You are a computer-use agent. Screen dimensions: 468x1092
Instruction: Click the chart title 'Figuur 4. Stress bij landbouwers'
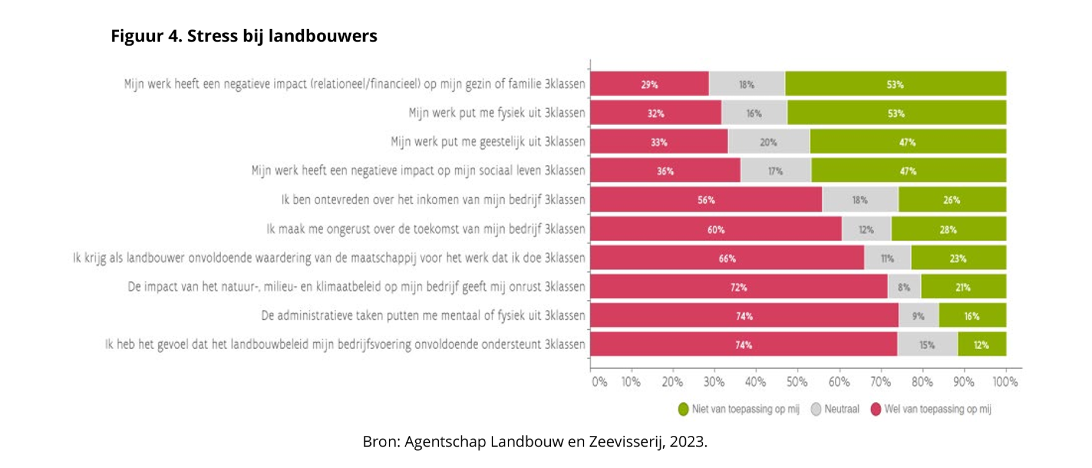pyautogui.click(x=244, y=36)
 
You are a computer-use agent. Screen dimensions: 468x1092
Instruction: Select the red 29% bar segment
pyautogui.click(x=649, y=84)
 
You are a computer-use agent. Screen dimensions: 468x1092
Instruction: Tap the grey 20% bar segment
pyautogui.click(x=769, y=142)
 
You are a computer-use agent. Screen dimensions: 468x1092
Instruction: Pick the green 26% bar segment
pyautogui.click(x=952, y=200)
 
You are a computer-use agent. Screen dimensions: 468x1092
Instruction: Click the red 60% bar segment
pyautogui.click(x=715, y=229)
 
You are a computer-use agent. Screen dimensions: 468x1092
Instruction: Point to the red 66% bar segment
pyautogui.click(x=727, y=258)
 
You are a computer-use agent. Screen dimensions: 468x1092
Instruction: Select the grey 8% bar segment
pyautogui.click(x=904, y=287)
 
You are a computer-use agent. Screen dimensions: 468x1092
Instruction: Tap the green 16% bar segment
pyautogui.click(x=972, y=316)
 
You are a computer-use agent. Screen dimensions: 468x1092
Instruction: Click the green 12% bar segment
pyautogui.click(x=981, y=345)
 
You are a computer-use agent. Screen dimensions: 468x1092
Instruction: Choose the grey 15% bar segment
pyautogui.click(x=927, y=345)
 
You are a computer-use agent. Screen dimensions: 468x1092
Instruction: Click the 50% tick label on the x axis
pyautogui.click(x=797, y=382)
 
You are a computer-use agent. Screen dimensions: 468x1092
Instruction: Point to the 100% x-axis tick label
pyautogui.click(x=1005, y=382)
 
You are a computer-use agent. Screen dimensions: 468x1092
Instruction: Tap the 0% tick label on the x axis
pyautogui.click(x=599, y=382)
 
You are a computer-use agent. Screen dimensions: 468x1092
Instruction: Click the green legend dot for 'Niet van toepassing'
pyautogui.click(x=683, y=409)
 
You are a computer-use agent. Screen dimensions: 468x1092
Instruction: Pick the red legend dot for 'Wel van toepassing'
pyautogui.click(x=876, y=409)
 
